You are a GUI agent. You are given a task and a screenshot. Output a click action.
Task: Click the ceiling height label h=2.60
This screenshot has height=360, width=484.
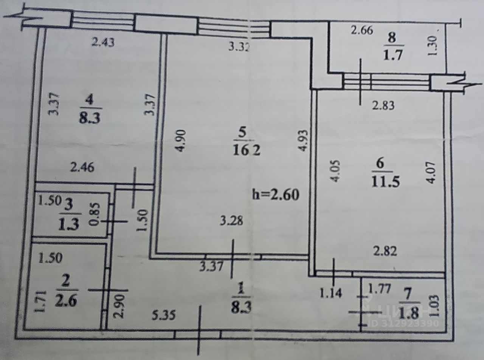tap(276, 195)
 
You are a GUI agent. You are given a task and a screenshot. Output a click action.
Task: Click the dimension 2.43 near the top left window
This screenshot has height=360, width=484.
tap(102, 42)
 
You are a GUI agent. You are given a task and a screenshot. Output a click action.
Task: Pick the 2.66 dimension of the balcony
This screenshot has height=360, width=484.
tap(362, 30)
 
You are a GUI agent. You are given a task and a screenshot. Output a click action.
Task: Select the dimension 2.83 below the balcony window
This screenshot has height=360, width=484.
tap(383, 105)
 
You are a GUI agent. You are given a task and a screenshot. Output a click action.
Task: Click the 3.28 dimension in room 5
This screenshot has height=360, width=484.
tap(231, 220)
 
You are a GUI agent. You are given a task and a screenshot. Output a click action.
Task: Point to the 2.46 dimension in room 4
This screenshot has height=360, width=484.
tap(82, 167)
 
